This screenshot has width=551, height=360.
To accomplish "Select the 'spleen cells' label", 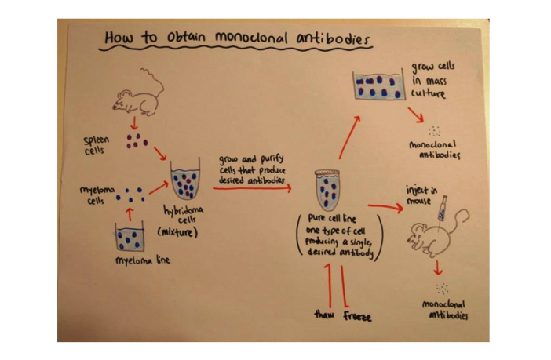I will (97, 145).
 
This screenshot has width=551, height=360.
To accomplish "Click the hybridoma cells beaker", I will (186, 183).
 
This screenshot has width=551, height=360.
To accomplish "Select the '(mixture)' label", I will (177, 232).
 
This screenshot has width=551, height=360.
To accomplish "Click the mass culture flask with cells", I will (379, 85).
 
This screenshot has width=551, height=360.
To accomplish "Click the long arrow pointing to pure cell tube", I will (252, 188).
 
